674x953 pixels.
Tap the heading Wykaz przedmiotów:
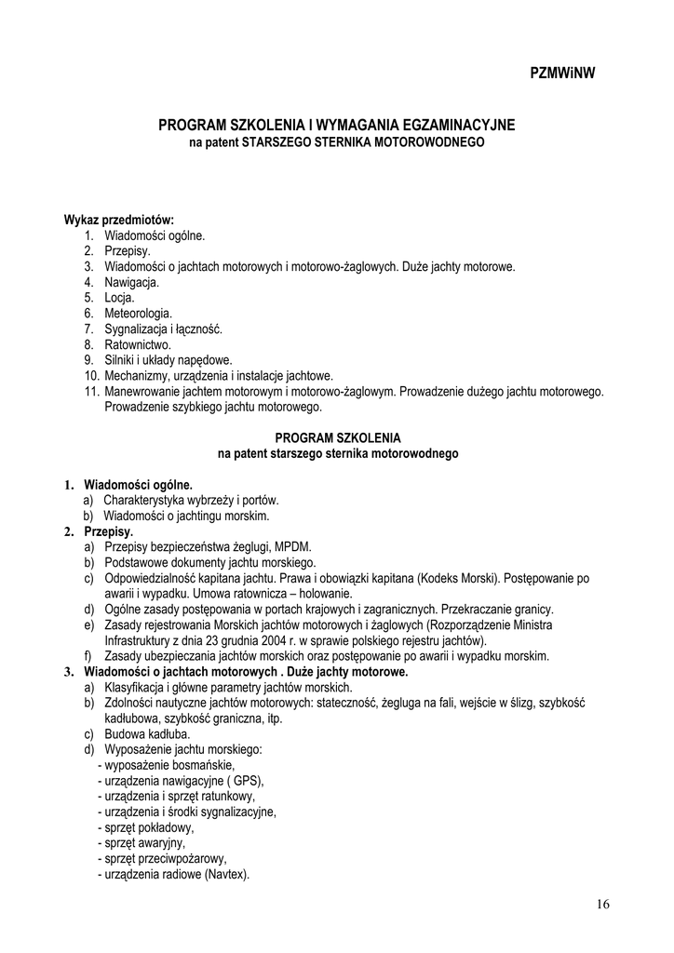coord(119,220)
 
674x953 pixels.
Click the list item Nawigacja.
coord(131,282)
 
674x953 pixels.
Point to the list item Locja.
coord(119,298)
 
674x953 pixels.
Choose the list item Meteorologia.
coord(138,314)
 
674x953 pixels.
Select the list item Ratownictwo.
coord(138,344)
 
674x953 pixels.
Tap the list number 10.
coord(90,376)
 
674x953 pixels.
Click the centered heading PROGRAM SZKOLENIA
coord(338,437)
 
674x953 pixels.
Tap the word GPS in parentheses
coord(245,781)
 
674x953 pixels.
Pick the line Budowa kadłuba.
coord(147,734)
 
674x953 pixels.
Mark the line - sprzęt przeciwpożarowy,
coord(162,859)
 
